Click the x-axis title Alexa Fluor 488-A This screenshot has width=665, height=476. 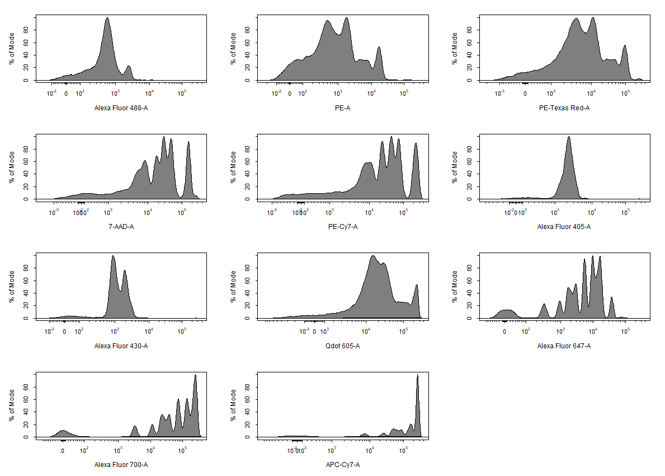point(121,108)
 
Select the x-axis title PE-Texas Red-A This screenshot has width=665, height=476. point(564,108)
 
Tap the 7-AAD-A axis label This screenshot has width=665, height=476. point(121,227)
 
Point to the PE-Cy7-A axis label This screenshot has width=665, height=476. point(342,227)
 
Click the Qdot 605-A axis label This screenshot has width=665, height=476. point(342,346)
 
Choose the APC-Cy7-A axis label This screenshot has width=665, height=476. point(342,465)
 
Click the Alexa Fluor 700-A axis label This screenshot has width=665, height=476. point(121,465)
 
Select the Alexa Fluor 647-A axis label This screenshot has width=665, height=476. point(564,346)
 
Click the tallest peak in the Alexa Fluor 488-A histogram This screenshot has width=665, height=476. point(107,18)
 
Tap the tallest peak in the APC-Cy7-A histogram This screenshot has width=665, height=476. point(417,376)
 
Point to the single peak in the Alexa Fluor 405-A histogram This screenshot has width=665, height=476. point(568,138)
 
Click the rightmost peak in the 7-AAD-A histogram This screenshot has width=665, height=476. point(188,143)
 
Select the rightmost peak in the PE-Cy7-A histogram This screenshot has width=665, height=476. point(416,144)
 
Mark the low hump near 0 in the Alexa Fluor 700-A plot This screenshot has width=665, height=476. point(62,431)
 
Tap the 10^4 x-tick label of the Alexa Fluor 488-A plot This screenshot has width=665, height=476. point(150,94)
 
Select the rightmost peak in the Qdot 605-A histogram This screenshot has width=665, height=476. point(416,286)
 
